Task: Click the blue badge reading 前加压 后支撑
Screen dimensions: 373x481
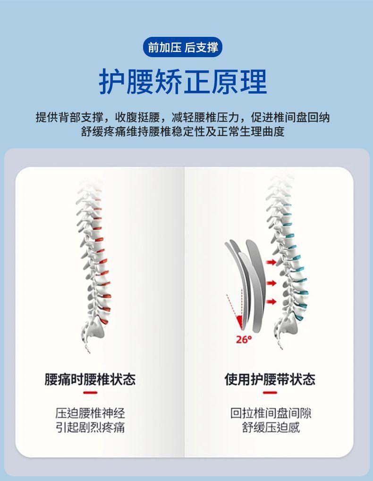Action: pos(182,47)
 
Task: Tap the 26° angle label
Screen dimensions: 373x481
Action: pos(244,339)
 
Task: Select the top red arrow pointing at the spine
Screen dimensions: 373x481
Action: pos(271,262)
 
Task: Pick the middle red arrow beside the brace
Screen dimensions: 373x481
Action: pos(271,283)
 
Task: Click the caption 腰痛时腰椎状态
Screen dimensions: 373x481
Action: pos(90,379)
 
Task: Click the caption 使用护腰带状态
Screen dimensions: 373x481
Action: pos(270,379)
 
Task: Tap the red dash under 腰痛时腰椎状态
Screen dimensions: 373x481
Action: pos(90,393)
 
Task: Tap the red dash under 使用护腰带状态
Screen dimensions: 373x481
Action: pos(270,393)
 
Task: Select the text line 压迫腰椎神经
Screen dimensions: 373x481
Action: pos(90,413)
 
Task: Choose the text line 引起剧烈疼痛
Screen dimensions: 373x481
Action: pos(90,428)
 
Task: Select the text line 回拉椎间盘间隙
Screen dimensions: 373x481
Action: pos(271,413)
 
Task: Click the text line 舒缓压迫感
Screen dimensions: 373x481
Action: pos(271,428)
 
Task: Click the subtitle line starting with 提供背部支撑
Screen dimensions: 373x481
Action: pos(183,117)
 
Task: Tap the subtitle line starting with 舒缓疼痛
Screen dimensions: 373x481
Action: pos(183,131)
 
